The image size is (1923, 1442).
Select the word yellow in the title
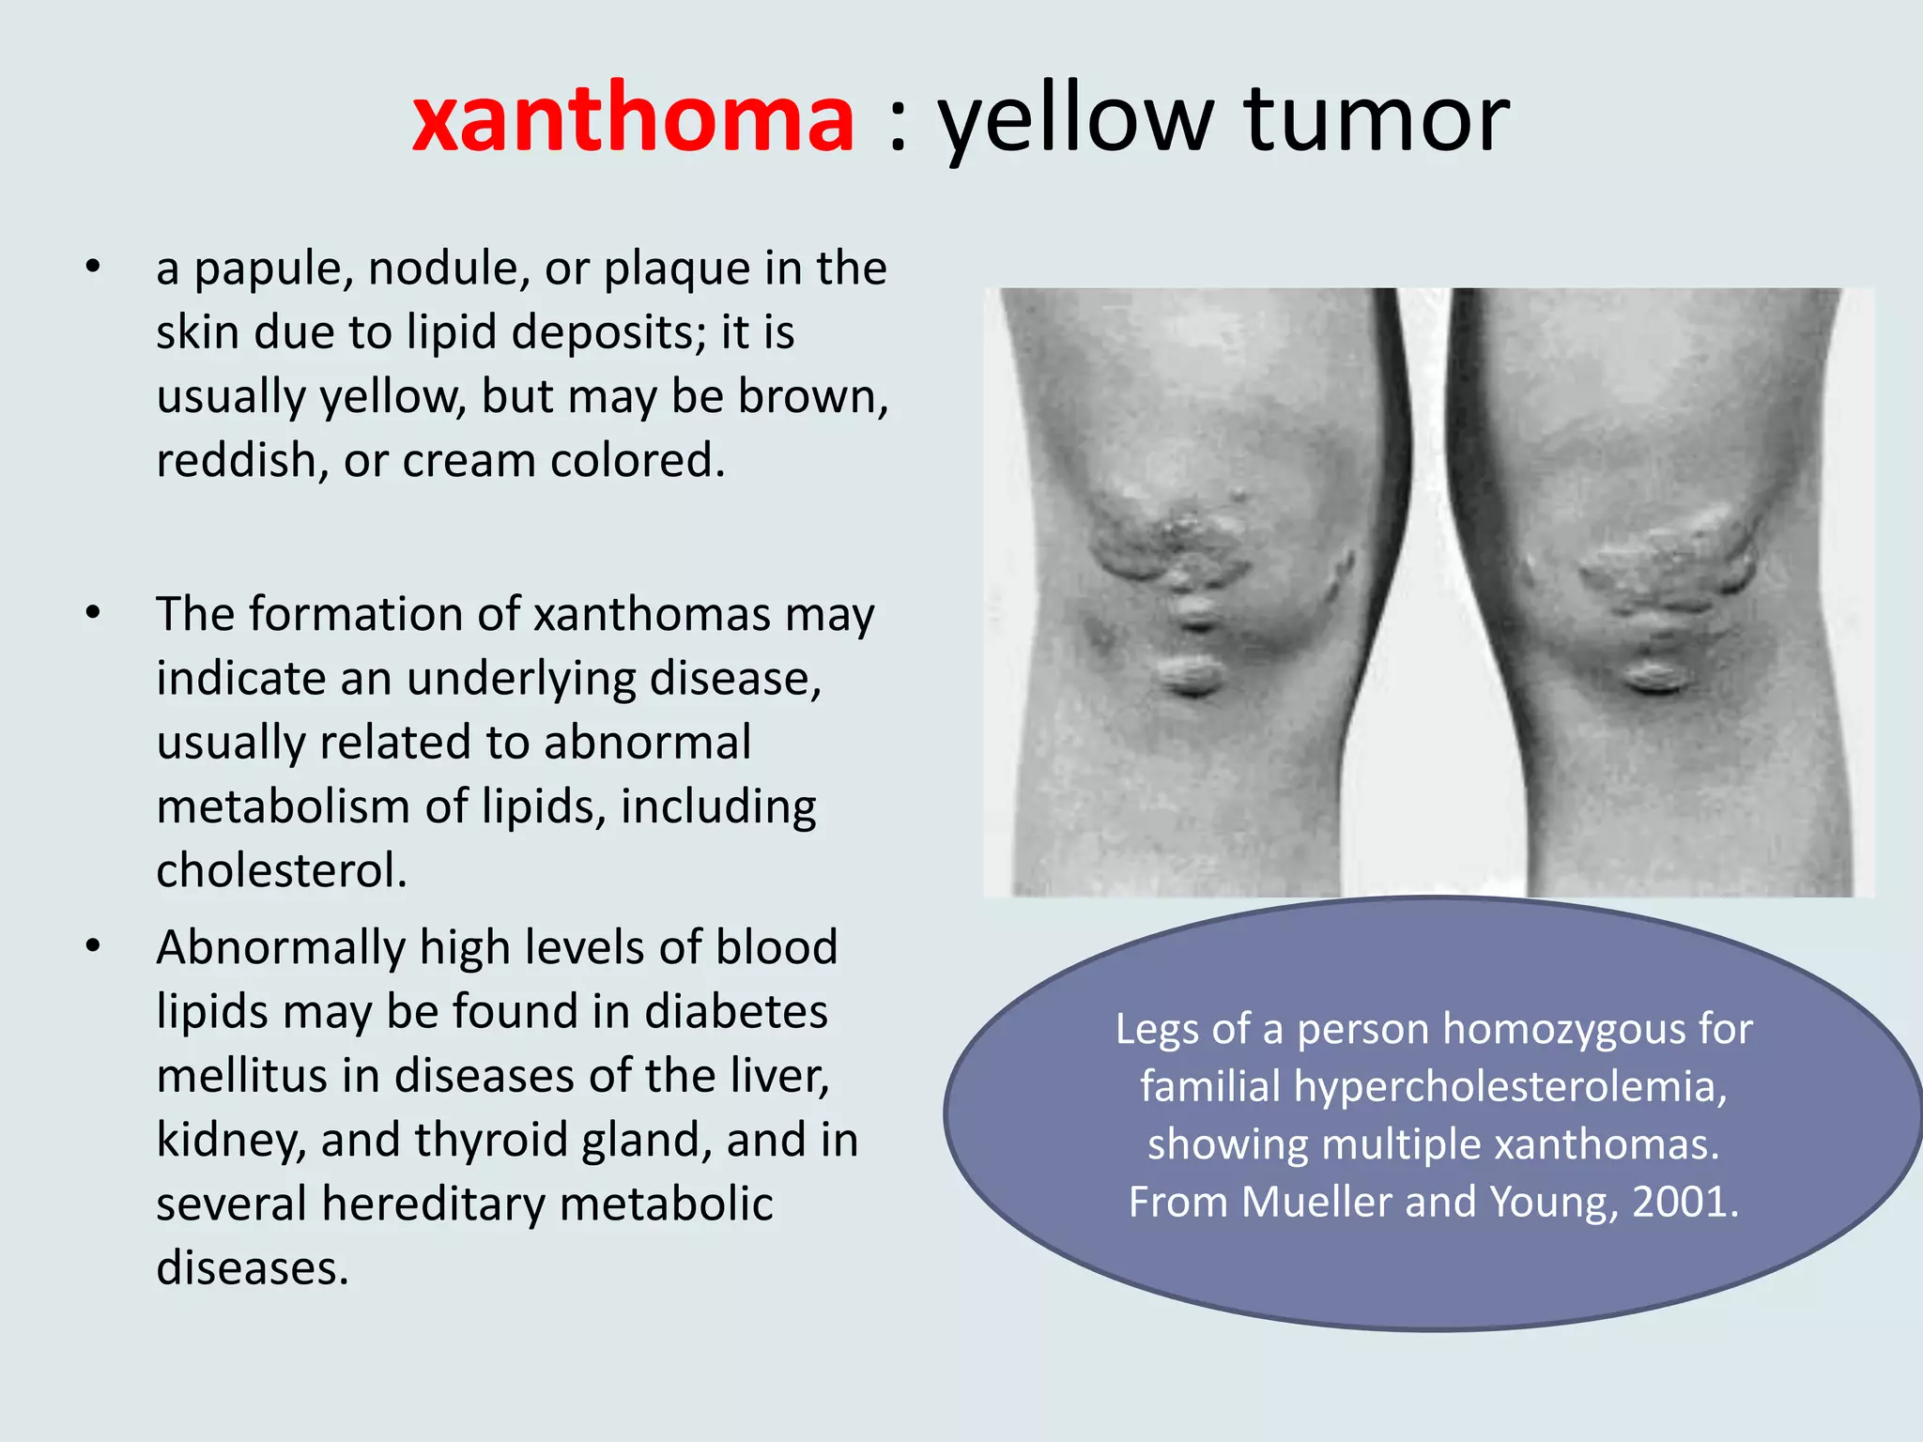tap(1077, 122)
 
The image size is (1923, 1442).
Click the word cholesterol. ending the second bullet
tap(282, 870)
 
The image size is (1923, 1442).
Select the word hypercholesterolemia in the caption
tap(1510, 1087)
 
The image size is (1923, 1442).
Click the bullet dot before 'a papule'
tap(92, 268)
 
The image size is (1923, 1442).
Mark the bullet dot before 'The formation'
tap(92, 613)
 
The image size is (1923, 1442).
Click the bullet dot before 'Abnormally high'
tap(92, 946)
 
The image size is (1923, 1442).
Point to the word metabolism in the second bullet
tap(284, 807)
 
